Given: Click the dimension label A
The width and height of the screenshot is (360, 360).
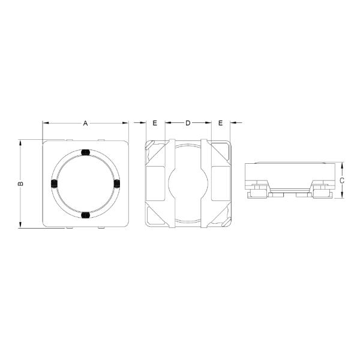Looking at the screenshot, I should pyautogui.click(x=85, y=123).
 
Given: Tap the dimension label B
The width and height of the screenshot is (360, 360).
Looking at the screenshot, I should pyautogui.click(x=20, y=184).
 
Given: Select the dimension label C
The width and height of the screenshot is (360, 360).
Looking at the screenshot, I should pyautogui.click(x=341, y=179).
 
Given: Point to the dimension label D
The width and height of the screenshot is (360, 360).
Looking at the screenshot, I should pyautogui.click(x=187, y=123).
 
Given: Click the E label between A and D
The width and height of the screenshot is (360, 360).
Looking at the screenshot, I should pyautogui.click(x=155, y=123).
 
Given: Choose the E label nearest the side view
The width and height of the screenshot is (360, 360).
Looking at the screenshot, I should pyautogui.click(x=220, y=123).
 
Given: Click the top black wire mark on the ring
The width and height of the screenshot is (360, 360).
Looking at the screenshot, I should pyautogui.click(x=85, y=152).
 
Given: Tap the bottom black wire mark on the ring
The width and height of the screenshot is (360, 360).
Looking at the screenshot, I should pyautogui.click(x=85, y=214).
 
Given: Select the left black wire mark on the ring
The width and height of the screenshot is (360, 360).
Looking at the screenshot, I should pyautogui.click(x=53, y=183).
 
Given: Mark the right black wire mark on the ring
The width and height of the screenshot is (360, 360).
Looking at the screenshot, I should pyautogui.click(x=117, y=183).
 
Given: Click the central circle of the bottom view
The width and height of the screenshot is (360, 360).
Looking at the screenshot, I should pyautogui.click(x=187, y=183).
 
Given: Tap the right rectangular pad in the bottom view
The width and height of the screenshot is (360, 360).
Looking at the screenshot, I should pyautogui.click(x=220, y=183).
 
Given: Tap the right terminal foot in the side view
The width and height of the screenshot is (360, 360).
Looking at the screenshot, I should pyautogui.click(x=320, y=191).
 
